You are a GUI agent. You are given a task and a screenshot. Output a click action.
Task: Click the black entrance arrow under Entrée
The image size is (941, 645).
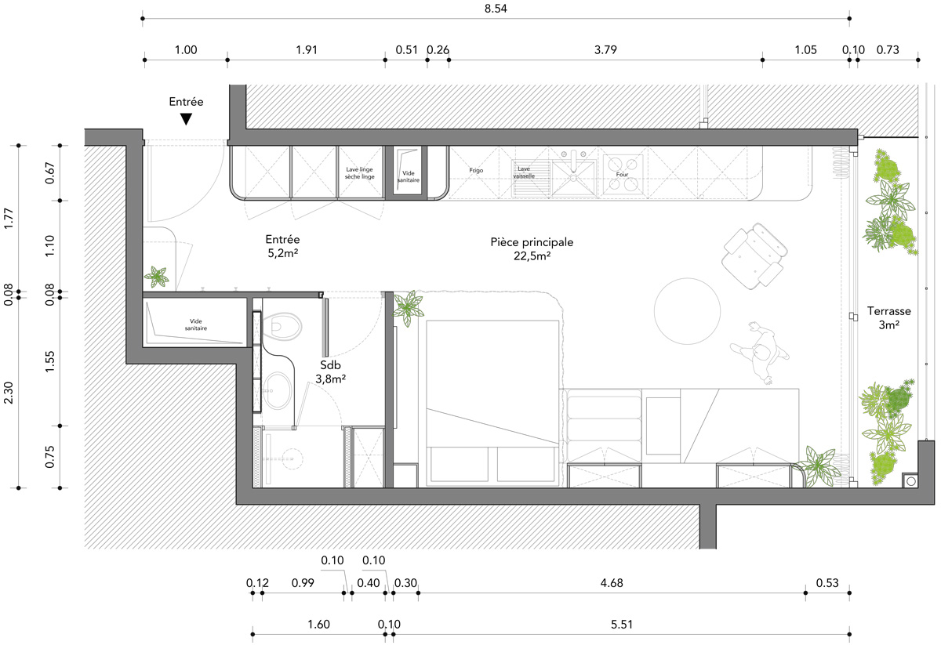[x=186, y=119]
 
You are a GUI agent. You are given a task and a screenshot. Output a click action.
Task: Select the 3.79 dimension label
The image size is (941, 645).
[x=605, y=50]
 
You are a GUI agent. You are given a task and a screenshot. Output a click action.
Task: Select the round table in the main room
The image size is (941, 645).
[x=687, y=310]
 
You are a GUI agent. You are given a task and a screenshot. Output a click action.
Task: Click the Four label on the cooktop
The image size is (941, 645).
[x=623, y=175]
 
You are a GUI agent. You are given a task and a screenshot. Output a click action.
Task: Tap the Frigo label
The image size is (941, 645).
[x=477, y=170]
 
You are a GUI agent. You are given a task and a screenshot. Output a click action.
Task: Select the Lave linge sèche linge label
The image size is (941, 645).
[x=360, y=173]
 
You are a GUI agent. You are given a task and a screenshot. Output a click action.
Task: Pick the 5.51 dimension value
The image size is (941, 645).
[x=622, y=625]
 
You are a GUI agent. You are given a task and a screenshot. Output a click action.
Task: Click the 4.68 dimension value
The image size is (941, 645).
[x=612, y=583]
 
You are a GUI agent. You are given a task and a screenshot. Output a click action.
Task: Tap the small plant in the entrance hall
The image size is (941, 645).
[x=157, y=277]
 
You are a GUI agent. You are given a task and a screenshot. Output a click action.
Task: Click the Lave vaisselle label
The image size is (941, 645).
[x=525, y=172]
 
